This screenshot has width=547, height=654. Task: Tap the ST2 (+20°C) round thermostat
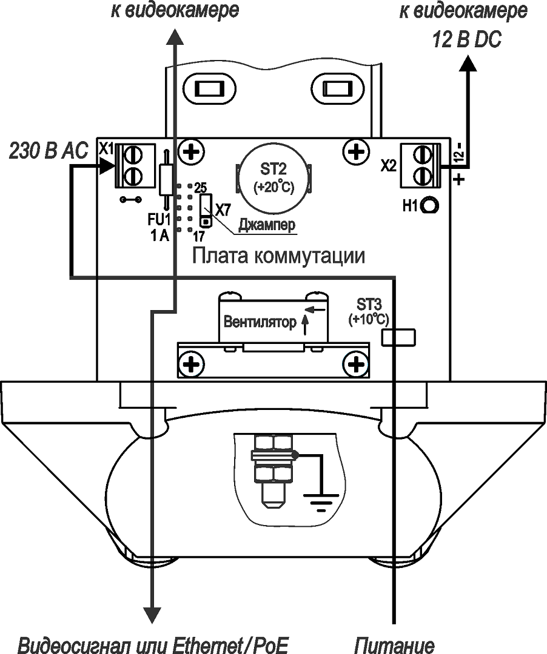pos(274,178)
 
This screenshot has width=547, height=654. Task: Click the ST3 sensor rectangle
pos(398,337)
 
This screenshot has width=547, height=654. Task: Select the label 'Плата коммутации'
pos(278,256)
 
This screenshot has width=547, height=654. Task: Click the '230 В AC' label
pos(49,150)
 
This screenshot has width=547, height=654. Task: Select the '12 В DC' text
pos(467,40)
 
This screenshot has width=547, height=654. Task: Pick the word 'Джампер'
pos(267,225)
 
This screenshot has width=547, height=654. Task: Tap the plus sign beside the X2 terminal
pos(460,179)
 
